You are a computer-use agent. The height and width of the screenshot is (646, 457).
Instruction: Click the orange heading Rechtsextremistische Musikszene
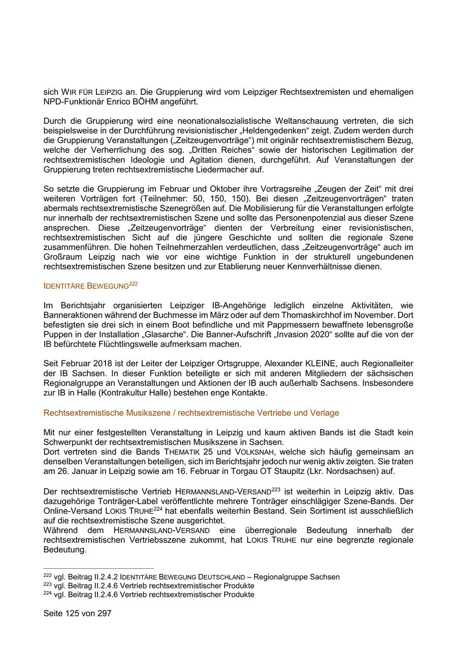point(191,413)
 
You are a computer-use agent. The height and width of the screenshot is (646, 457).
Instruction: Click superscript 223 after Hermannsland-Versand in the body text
point(275,490)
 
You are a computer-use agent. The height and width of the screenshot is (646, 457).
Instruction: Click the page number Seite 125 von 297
point(77,613)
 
